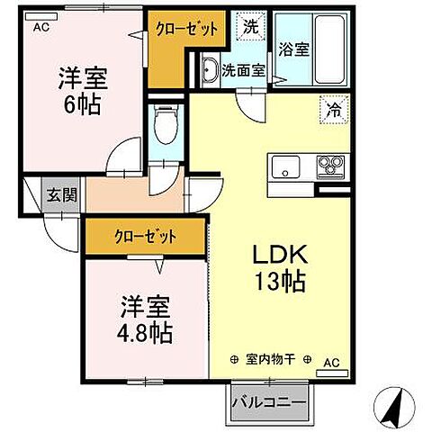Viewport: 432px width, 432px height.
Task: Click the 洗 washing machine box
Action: pos(251,27)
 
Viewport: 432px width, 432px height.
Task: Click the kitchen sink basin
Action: pos(287,166)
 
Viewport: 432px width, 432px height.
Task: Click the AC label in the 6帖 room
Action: pos(41,29)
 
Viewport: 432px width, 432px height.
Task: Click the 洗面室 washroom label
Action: pos(242,70)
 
